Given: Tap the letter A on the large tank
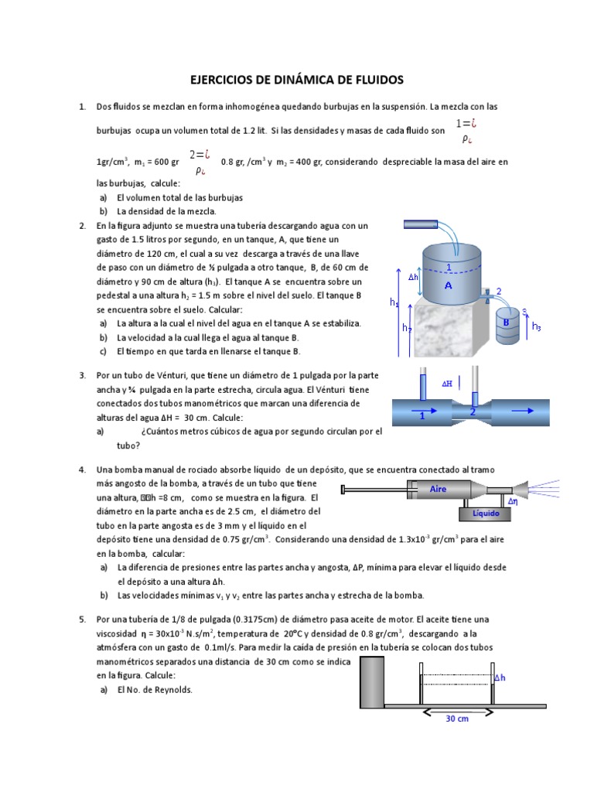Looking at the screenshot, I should [x=448, y=285].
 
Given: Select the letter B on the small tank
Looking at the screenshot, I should [x=506, y=322].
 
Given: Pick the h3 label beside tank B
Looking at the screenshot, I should [x=537, y=326].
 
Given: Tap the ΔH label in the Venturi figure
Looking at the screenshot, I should [x=447, y=383].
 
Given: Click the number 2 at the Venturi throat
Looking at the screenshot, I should [x=473, y=412].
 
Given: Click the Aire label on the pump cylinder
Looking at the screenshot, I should [x=438, y=489].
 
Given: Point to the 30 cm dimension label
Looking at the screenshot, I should [x=456, y=719].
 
